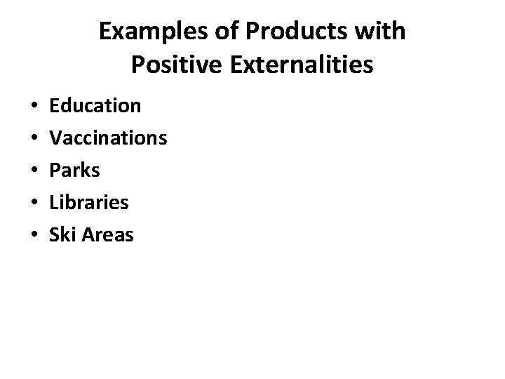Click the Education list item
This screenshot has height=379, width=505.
(95, 106)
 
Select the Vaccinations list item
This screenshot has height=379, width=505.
(108, 138)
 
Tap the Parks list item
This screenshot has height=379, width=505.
(74, 171)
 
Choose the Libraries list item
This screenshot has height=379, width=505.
(88, 203)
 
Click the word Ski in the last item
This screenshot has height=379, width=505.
(61, 235)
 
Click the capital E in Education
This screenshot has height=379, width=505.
(54, 106)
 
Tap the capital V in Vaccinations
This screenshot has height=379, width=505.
(55, 138)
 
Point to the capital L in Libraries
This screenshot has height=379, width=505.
(53, 203)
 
